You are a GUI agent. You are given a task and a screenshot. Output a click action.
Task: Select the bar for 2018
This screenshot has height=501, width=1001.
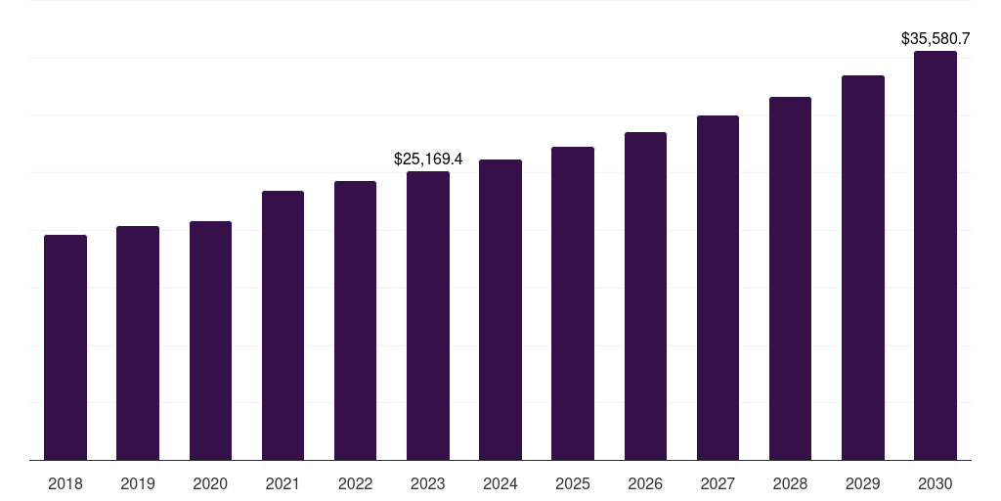pyautogui.click(x=65, y=347)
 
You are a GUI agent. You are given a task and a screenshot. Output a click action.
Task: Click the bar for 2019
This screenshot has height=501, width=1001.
pyautogui.click(x=138, y=342)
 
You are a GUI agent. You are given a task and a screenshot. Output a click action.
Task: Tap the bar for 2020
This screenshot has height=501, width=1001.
pyautogui.click(x=210, y=341)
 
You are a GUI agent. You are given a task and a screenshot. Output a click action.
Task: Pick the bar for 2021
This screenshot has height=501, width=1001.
pyautogui.click(x=283, y=325)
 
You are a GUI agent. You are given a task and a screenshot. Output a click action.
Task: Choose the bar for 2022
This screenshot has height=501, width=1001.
pyautogui.click(x=355, y=320)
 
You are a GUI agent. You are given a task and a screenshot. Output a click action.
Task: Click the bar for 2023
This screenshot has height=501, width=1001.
pyautogui.click(x=428, y=315)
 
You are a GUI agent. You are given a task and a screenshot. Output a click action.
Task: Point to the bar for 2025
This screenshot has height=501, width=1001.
pyautogui.click(x=573, y=303)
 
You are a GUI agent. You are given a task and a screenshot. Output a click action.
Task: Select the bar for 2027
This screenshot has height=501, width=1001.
pyautogui.click(x=718, y=288)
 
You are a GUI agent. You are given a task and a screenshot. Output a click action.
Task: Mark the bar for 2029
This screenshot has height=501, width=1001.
pyautogui.click(x=863, y=267)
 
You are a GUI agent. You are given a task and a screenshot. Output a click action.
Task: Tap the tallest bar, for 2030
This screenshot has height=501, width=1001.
pyautogui.click(x=936, y=255)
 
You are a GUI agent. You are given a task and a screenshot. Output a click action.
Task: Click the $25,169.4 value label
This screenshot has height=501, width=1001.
pyautogui.click(x=428, y=159)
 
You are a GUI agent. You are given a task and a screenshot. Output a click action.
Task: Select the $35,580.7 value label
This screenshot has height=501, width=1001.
pyautogui.click(x=936, y=39)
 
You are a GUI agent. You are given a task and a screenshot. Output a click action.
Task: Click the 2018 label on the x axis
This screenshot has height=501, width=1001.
pyautogui.click(x=65, y=483)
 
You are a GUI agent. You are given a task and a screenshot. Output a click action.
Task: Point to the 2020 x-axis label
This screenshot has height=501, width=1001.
pyautogui.click(x=210, y=483)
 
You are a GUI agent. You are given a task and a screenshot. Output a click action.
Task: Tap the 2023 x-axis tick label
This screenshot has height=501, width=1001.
pyautogui.click(x=428, y=483)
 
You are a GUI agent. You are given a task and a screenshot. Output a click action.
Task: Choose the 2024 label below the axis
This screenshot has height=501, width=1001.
pyautogui.click(x=500, y=483)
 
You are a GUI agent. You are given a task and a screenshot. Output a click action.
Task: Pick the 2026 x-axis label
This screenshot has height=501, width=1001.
pyautogui.click(x=645, y=483)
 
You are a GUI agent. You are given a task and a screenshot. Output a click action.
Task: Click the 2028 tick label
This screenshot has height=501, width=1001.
pyautogui.click(x=790, y=483)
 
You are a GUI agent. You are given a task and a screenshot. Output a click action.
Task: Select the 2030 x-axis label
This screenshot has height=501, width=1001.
pyautogui.click(x=936, y=483)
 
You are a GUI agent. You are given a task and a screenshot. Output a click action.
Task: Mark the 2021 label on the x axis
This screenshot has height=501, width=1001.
pyautogui.click(x=283, y=483)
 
